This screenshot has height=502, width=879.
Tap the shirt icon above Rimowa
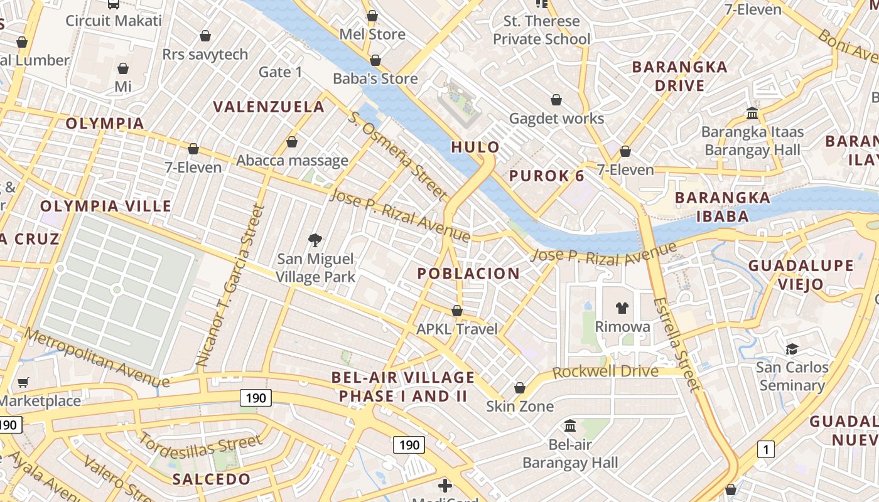pyautogui.click(x=622, y=307)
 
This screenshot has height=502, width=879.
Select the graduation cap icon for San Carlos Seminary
pyautogui.click(x=792, y=349)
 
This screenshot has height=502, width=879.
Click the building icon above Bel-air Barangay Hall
pyautogui.click(x=570, y=426)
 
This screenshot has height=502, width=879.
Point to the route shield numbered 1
pyautogui.click(x=765, y=449)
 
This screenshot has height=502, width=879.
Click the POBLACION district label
pyautogui.click(x=468, y=274)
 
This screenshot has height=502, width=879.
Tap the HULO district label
pyautogui.click(x=476, y=147)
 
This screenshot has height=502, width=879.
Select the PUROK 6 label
pyautogui.click(x=547, y=176)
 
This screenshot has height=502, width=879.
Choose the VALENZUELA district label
pyautogui.click(x=269, y=107)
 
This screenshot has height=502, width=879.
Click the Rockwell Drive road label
pyautogui.click(x=605, y=371)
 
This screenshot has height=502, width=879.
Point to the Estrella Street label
pyautogui.click(x=676, y=344)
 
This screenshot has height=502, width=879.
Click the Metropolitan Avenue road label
pyautogui.click(x=97, y=356)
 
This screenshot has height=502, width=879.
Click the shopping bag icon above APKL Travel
pyautogui.click(x=457, y=311)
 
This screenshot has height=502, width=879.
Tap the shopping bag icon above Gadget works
pyautogui.click(x=556, y=100)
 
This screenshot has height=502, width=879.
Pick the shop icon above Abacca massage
pyautogui.click(x=292, y=142)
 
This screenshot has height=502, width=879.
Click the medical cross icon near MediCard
pyautogui.click(x=445, y=485)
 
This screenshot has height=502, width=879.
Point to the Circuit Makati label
pyautogui.click(x=114, y=21)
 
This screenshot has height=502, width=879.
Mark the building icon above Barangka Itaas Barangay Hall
pyautogui.click(x=752, y=114)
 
